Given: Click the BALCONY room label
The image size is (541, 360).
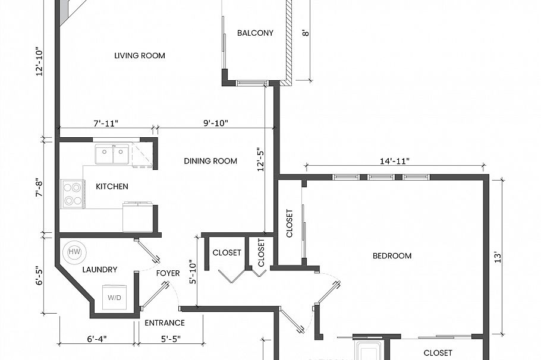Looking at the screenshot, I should tap(255, 33).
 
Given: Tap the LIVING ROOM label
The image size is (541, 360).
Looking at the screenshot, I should tap(140, 56).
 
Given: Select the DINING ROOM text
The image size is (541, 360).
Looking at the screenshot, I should tap(210, 161).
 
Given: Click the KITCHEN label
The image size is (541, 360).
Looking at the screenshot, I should tap(112, 187).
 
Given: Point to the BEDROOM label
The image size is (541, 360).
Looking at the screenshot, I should tap(392, 256).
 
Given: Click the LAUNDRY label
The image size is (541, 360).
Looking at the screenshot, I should tap(100, 270).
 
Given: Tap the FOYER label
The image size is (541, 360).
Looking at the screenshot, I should tap(168, 273).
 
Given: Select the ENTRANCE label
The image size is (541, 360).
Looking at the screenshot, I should tap(165, 323).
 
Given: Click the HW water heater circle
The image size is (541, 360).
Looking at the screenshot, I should tap(74, 252).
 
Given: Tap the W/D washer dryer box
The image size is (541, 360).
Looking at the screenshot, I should tap(114, 297).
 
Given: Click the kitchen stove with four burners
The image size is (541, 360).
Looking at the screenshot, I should tap(73, 194).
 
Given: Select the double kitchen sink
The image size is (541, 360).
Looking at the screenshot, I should tap(112, 155).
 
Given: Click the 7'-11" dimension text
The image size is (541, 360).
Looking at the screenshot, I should tap(106, 123).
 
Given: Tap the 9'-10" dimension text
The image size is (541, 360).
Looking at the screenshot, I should tap(215, 123).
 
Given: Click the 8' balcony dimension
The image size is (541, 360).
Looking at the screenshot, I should tap(306, 33).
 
